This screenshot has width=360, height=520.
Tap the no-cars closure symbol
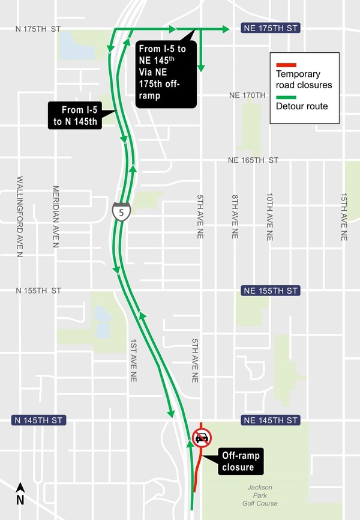click(202, 438)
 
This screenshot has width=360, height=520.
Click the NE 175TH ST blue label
click(269, 28)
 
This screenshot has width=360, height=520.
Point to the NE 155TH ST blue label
click(269, 291)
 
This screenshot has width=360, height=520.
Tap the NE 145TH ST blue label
click(269, 420)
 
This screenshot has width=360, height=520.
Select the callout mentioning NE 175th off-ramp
click(165, 73)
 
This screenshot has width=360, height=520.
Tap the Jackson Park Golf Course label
click(261, 495)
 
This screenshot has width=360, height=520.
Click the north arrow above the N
click(20, 487)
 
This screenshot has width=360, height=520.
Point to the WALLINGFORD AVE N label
click(20, 217)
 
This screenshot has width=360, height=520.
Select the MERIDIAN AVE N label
click(55, 217)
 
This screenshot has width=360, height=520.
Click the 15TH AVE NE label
click(344, 217)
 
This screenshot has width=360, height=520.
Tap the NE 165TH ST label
click(253, 160)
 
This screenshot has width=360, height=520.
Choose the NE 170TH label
click(247, 95)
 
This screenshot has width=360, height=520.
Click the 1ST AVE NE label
click(133, 360)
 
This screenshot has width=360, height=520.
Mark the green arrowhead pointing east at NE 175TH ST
click(226, 28)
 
